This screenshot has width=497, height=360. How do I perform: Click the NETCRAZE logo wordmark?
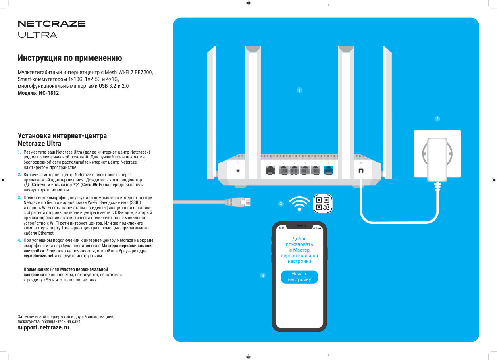[52, 24]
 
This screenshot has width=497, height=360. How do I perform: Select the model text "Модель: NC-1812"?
[38, 93]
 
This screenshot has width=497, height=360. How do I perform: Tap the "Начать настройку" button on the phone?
[299, 277]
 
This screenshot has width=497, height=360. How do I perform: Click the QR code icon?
[323, 204]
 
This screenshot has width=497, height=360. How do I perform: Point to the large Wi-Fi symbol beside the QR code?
[299, 204]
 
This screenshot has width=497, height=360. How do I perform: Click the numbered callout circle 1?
[299, 90]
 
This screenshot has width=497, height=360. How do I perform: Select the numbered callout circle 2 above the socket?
[437, 119]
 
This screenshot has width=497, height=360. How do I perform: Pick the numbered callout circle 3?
[281, 204]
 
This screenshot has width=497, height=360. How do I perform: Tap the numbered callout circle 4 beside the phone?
[263, 276]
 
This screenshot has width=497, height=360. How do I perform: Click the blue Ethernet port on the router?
[329, 171]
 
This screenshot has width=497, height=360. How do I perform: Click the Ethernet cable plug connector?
[238, 202]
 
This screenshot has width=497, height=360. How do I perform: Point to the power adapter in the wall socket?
[437, 159]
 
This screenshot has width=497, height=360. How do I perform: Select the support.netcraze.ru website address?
[43, 328]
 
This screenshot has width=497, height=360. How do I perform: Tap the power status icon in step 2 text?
[27, 185]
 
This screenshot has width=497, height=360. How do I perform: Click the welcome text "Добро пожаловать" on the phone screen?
[299, 241]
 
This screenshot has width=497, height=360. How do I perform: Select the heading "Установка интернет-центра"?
[62, 136]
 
